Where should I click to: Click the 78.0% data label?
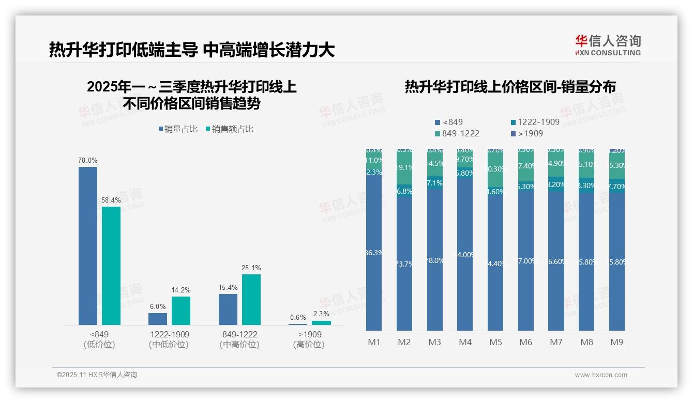click(87, 161)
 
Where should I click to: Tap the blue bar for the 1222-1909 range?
click(158, 319)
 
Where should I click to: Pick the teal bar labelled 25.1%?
click(251, 299)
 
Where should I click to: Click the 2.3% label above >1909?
click(321, 314)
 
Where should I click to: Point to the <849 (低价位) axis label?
click(99, 339)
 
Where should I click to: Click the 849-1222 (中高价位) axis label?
click(239, 339)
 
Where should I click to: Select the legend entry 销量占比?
click(178, 129)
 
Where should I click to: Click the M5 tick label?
click(495, 342)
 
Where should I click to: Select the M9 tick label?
click(617, 342)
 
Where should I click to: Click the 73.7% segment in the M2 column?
click(404, 264)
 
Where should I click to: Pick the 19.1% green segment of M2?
click(404, 168)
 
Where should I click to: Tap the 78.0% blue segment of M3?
click(435, 260)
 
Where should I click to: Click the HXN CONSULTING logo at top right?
click(608, 45)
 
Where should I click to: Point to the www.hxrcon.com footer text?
click(600, 375)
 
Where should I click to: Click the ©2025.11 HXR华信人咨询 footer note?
click(97, 375)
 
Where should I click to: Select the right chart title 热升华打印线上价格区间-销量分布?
click(510, 87)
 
